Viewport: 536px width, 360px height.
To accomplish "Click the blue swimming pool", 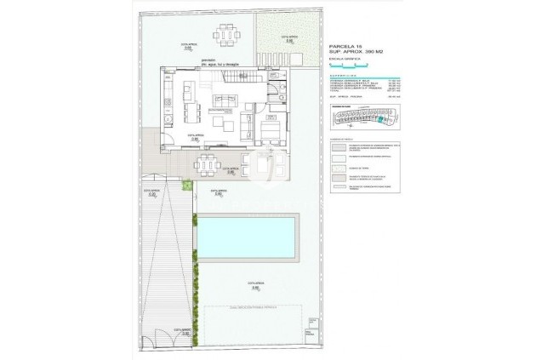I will tap(247, 237).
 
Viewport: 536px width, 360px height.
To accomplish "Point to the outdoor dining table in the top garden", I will tap(225, 37).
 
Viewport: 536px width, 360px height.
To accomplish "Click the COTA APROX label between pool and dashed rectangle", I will tap(254, 287).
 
